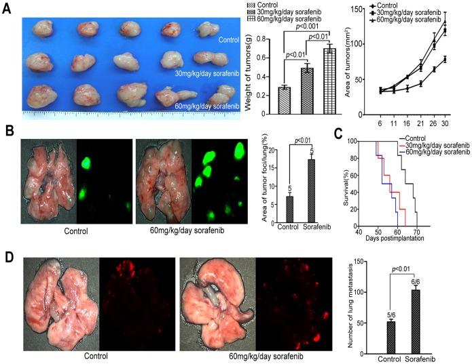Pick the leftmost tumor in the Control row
coord(39,28)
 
